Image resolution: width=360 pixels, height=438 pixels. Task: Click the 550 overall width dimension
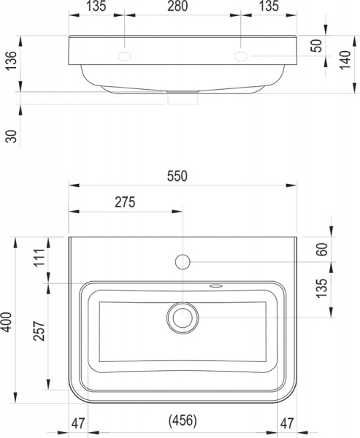click(x=177, y=176)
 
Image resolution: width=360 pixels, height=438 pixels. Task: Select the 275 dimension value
click(x=125, y=202)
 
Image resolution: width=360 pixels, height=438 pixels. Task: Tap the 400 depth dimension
click(x=7, y=322)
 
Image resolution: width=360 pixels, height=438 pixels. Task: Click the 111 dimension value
click(x=39, y=258)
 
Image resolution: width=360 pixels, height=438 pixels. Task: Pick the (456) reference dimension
click(x=183, y=420)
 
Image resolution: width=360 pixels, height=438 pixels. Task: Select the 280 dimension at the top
click(x=177, y=6)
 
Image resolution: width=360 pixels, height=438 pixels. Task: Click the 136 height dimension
click(x=12, y=61)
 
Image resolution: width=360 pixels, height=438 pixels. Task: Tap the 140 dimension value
click(x=345, y=60)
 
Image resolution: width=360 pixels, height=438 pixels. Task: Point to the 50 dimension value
click(x=317, y=46)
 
